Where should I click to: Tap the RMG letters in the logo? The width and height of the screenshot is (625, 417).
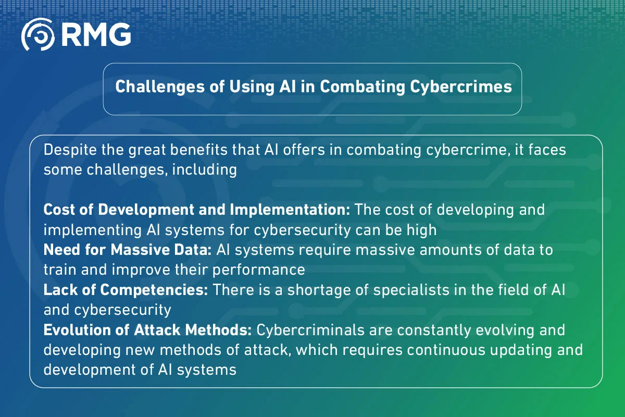pyautogui.click(x=95, y=36)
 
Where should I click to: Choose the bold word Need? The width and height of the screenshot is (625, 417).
pyautogui.click(x=59, y=250)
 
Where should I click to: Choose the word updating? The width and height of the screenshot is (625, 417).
pyautogui.click(x=518, y=350)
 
